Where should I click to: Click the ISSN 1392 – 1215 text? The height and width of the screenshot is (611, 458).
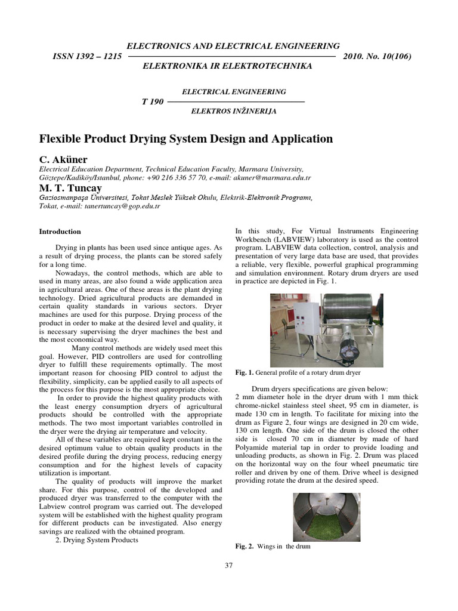tap(87, 56)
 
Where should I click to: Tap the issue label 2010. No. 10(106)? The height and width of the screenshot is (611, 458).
tap(378, 56)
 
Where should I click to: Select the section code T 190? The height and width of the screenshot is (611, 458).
tap(153, 101)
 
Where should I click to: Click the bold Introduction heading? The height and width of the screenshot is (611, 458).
tap(60, 232)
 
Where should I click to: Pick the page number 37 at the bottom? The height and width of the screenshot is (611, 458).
tap(229, 566)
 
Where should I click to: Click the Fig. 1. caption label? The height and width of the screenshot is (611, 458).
tap(245, 372)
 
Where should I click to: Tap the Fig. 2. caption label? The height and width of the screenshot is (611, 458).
tap(245, 546)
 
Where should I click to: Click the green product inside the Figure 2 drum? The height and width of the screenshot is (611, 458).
tap(327, 525)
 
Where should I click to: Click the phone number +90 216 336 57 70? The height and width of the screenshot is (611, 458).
tap(177, 178)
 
